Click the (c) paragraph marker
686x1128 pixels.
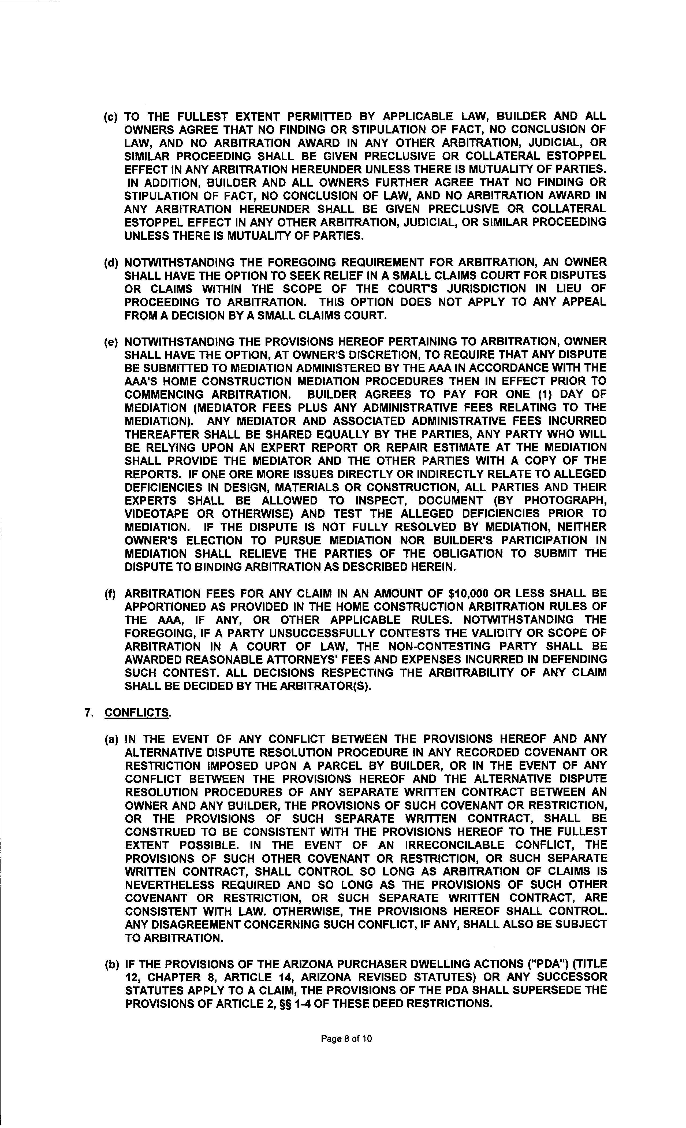tap(111, 117)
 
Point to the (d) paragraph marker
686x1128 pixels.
tap(111, 263)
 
